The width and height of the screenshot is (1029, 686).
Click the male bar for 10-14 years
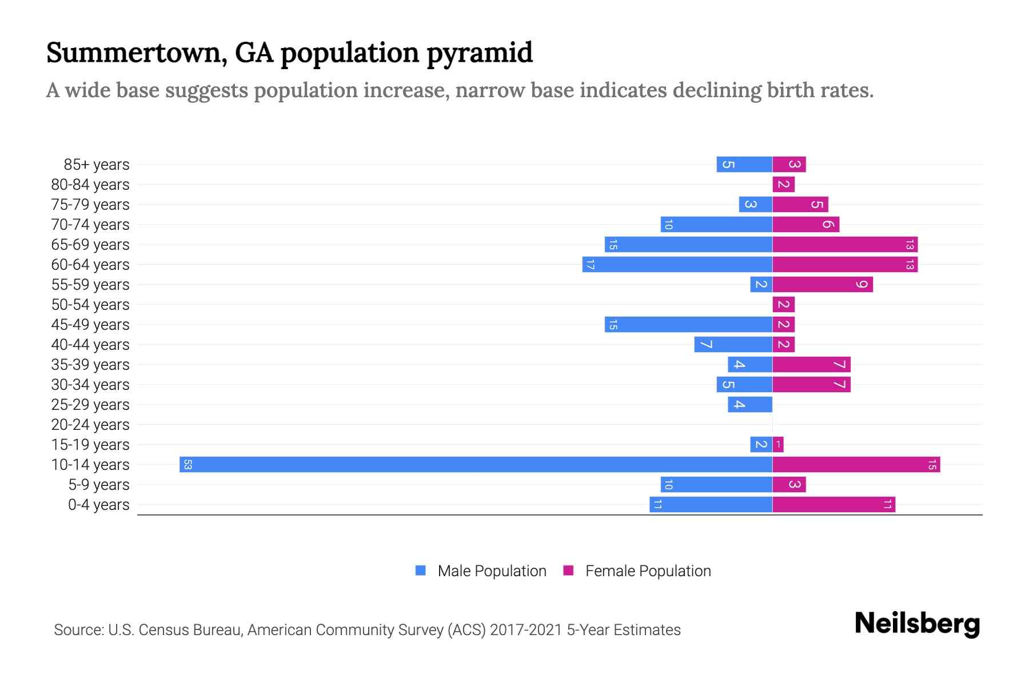click(x=476, y=464)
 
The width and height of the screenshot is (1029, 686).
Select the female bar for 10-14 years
click(x=856, y=464)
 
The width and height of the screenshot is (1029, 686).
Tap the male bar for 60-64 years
click(x=677, y=264)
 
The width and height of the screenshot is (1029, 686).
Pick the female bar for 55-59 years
click(x=822, y=284)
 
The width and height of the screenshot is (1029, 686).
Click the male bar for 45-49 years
click(x=688, y=324)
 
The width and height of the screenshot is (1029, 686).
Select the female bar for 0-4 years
click(x=833, y=504)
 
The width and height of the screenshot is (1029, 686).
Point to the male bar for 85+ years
click(x=744, y=164)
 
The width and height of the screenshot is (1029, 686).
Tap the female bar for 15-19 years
click(x=778, y=444)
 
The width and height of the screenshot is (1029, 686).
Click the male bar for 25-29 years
click(x=750, y=404)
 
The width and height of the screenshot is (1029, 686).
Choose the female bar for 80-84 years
click(x=783, y=184)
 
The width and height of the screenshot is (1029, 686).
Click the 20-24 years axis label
click(x=90, y=425)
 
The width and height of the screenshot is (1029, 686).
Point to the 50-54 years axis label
click(x=90, y=305)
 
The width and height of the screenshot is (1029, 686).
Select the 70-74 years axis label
click(x=90, y=225)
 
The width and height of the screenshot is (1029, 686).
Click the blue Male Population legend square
click(x=421, y=571)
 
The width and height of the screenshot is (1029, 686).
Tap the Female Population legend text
click(x=648, y=571)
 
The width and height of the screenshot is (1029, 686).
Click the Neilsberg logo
click(x=917, y=624)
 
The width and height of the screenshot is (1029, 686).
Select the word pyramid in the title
click(x=480, y=53)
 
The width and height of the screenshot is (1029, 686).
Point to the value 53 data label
click(x=188, y=464)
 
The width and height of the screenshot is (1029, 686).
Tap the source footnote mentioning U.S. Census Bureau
click(x=367, y=630)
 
